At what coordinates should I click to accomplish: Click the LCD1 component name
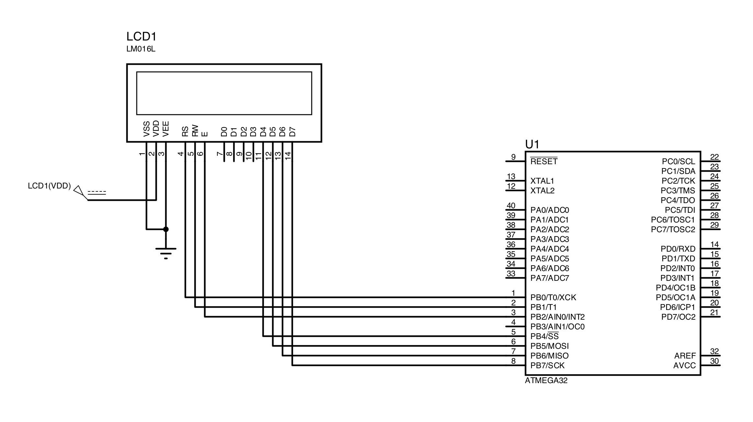coord(141,37)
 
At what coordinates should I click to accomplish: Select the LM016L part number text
coord(141,50)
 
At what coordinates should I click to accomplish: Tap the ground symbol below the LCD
coord(166,252)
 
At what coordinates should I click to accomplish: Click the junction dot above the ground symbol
coord(166,229)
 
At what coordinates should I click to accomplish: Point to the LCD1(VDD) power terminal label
coord(49,186)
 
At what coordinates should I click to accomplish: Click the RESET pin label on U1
coord(544,161)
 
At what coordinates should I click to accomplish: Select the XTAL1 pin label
coord(542,181)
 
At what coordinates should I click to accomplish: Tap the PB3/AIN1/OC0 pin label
coord(557,326)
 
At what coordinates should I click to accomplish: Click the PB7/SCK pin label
coord(547,365)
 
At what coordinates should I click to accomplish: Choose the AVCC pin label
coord(684,365)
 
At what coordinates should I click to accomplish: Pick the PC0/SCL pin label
coord(678,161)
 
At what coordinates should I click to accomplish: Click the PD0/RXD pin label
coord(678,249)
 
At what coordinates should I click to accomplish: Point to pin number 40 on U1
coord(511,206)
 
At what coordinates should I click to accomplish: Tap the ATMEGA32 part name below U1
coord(546,381)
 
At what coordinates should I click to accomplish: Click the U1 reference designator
coord(532,144)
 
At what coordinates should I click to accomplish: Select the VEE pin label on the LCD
coord(166,129)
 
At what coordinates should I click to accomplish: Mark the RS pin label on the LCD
coord(185,131)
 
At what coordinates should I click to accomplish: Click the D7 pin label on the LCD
coord(292,132)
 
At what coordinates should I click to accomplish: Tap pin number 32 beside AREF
coord(714,351)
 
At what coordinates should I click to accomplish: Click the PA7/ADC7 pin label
coord(550,278)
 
